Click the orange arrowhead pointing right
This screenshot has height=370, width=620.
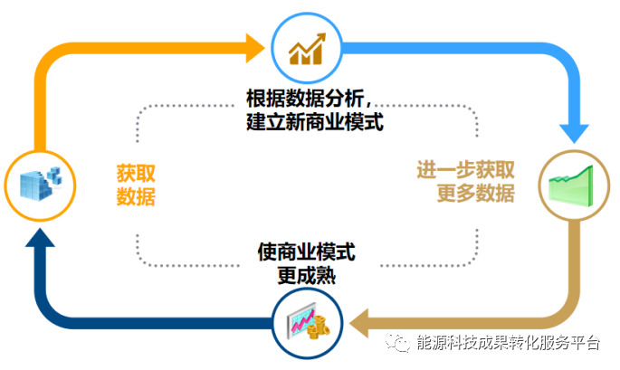(255, 48)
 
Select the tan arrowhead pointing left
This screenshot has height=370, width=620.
(359, 323)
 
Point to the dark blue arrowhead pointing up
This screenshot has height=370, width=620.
(40, 238)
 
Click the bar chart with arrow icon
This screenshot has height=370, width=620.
(307, 49)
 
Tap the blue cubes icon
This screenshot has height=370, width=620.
(41, 185)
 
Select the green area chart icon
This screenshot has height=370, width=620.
(570, 185)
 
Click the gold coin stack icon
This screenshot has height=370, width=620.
(319, 327)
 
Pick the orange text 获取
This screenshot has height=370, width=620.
(136, 173)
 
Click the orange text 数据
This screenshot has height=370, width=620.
(136, 196)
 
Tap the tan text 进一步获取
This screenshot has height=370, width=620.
(465, 170)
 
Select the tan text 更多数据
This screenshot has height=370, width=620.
(476, 194)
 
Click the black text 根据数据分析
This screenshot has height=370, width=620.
(305, 98)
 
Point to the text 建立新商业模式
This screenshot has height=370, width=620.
(315, 121)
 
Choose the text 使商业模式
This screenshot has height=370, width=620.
(307, 251)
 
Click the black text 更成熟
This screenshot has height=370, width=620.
(307, 276)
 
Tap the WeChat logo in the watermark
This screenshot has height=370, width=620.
(397, 342)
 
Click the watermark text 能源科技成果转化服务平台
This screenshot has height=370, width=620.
(509, 342)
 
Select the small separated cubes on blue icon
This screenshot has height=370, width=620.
(54, 175)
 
